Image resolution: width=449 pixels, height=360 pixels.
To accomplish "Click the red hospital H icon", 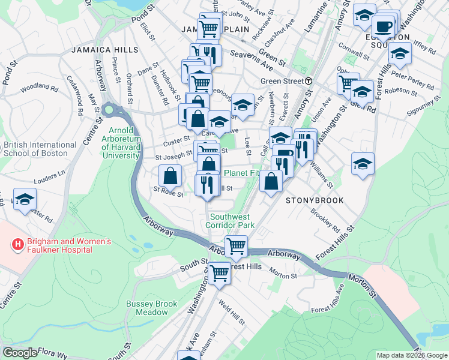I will [18, 245].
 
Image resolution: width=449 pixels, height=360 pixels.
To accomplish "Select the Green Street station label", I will [282, 81].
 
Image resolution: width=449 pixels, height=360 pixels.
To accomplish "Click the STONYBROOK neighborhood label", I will [314, 200].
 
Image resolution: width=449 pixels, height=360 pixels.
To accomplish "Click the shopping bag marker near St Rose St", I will [170, 176].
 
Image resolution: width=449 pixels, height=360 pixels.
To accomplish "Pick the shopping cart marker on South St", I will [220, 273].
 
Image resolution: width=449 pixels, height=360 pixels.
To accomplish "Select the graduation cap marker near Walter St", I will [25, 200].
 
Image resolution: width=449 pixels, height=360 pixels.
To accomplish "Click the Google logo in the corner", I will [19, 353].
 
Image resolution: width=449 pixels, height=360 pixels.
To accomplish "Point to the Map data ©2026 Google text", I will [412, 355].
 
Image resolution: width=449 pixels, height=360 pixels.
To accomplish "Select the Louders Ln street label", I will [50, 176].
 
